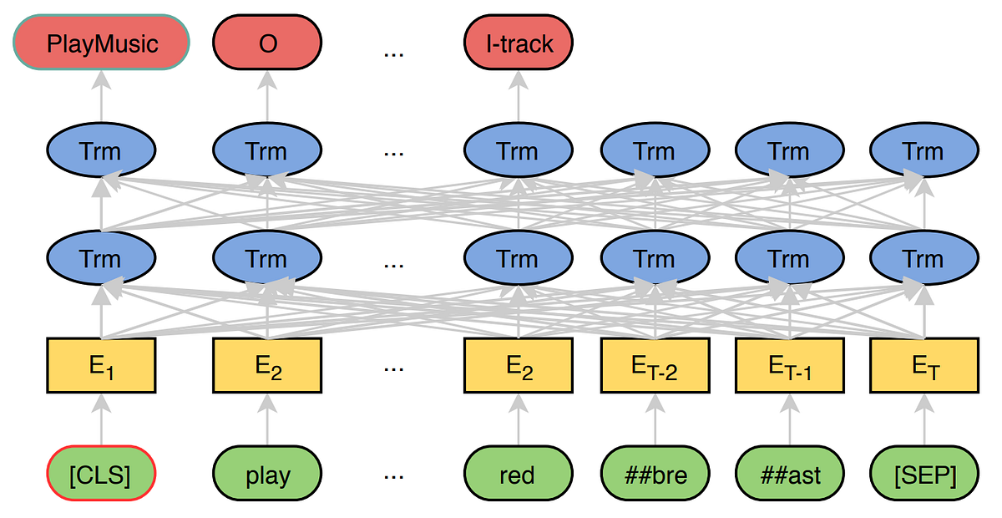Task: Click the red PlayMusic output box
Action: point(101,43)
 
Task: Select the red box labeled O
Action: point(267,43)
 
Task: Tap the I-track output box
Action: point(519,43)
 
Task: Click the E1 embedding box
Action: point(101,366)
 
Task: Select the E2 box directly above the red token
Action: point(519,366)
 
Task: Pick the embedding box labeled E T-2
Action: point(654,366)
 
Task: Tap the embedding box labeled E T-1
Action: point(788,366)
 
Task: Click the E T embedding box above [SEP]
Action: point(924,366)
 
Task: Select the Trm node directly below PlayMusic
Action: point(101,152)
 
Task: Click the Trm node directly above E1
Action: point(101,259)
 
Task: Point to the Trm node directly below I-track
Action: point(519,152)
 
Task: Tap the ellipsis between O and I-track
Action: point(393,52)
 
